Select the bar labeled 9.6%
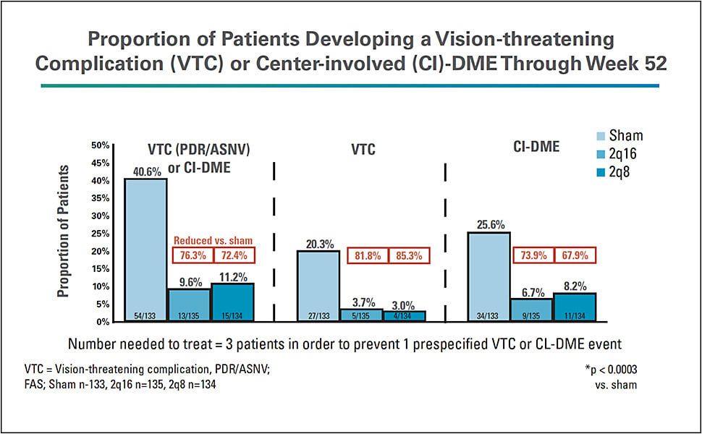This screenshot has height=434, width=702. pyautogui.click(x=189, y=304)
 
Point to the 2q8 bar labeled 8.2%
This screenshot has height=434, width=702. pyautogui.click(x=575, y=307)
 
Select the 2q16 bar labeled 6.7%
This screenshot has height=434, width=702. pyautogui.click(x=533, y=310)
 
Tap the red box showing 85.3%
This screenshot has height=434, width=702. pyautogui.click(x=409, y=256)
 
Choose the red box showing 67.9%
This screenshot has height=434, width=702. pyautogui.click(x=575, y=256)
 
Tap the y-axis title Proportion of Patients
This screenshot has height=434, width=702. pyautogui.click(x=64, y=231)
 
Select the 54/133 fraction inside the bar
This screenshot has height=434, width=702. pyautogui.click(x=146, y=315)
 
